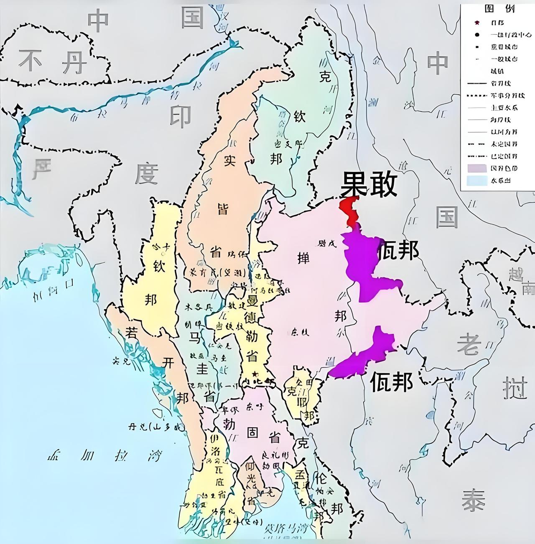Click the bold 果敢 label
368,185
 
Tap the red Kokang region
350,209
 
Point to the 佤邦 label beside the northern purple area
398,251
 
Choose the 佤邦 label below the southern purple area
392,381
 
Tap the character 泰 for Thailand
474,499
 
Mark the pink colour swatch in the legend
474,168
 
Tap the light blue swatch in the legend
474,181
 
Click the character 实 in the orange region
229,161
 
